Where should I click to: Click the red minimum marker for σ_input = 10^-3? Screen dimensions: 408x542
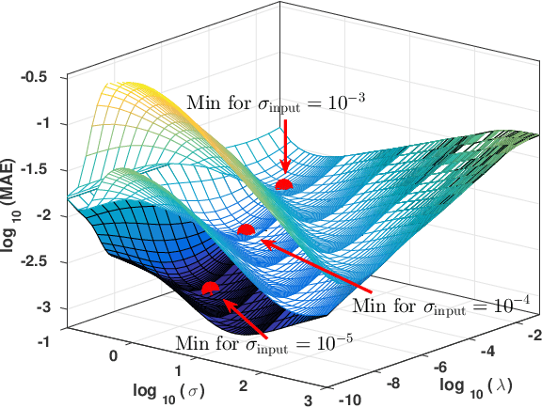click(284, 184)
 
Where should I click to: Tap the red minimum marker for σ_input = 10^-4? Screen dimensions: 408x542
click(247, 228)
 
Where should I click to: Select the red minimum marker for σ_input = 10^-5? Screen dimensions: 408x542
click(210, 287)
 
